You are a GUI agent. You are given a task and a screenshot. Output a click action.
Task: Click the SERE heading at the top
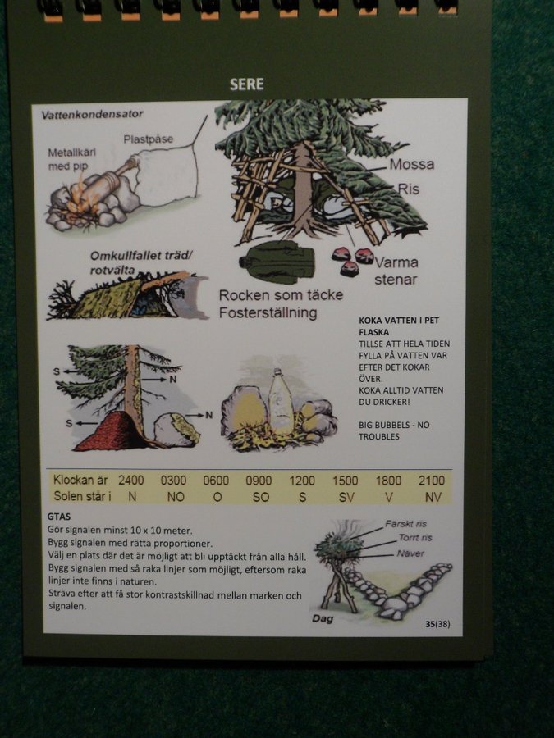246,84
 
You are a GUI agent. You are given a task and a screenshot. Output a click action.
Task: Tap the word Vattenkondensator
92,114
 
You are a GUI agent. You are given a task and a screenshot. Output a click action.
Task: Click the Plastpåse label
149,139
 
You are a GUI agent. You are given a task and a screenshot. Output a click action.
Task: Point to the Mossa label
412,164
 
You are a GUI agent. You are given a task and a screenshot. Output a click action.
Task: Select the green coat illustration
277,262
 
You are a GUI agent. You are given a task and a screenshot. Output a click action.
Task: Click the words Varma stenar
396,271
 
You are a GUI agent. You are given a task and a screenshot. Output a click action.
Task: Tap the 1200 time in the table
302,481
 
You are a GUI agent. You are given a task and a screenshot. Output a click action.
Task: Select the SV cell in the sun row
346,497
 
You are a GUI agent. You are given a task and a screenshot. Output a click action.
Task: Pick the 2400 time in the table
131,480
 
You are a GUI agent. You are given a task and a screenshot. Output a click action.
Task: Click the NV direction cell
433,497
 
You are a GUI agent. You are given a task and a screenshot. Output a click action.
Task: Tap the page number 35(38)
437,624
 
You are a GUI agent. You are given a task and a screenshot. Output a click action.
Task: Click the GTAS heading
59,517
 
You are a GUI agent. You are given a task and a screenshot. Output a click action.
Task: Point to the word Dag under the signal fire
323,618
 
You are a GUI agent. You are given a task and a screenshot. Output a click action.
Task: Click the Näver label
410,553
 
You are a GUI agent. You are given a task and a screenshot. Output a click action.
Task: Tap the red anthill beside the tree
114,431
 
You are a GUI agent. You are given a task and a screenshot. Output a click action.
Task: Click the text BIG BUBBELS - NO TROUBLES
394,430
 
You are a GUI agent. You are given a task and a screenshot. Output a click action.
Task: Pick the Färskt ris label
405,524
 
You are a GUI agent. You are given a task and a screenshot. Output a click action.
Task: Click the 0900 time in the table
259,481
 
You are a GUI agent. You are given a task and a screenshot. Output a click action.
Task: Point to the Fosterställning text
268,312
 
